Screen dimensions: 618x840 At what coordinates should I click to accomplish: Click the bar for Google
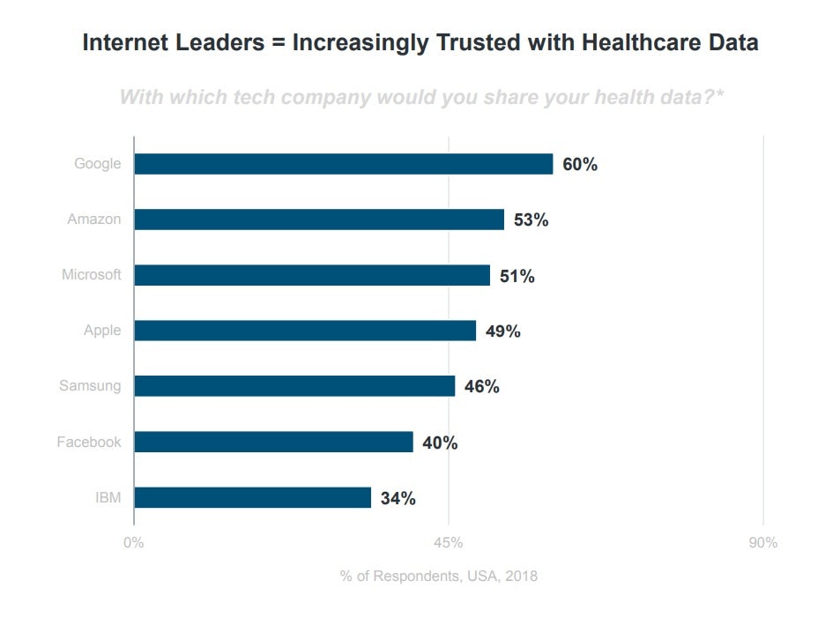343,164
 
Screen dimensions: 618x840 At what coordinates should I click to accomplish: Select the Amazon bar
319,220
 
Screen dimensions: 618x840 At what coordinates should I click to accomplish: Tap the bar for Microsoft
312,275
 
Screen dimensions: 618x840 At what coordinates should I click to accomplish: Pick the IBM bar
252,497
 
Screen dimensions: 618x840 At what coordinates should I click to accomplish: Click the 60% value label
580,165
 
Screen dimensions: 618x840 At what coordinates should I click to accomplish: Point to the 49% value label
502,331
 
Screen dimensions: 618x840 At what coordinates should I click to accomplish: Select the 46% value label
481,387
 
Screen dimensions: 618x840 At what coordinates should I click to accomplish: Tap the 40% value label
440,443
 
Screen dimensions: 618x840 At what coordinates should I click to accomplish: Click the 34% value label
398,498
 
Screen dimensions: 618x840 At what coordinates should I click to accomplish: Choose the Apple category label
102,331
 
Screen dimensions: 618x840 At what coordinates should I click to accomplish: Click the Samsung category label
90,386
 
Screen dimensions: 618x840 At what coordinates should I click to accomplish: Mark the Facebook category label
89,442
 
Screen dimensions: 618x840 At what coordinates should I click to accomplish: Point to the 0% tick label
134,543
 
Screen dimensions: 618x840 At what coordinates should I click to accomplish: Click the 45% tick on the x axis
449,543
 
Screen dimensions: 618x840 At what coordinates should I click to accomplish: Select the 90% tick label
762,543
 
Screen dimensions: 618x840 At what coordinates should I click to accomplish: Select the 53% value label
531,220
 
